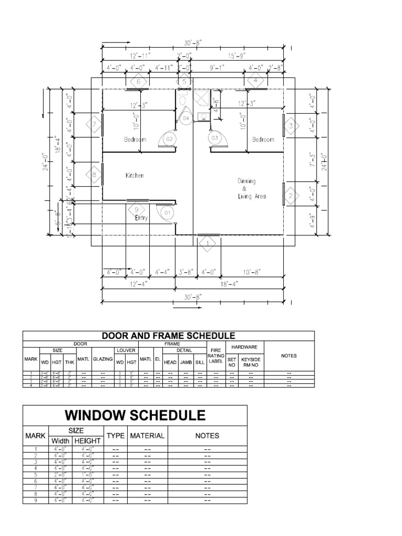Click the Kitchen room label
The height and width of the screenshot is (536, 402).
click(x=134, y=176)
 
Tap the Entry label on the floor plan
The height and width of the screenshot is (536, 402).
click(x=141, y=218)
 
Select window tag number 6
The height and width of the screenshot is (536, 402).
click(x=139, y=82)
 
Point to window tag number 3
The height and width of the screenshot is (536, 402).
click(x=291, y=126)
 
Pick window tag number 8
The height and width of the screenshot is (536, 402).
click(x=95, y=176)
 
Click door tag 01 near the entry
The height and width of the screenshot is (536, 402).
click(x=167, y=214)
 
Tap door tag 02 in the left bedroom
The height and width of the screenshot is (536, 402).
click(x=169, y=140)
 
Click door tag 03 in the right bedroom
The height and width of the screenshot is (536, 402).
click(x=215, y=138)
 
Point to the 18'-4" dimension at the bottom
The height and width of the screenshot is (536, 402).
click(x=229, y=284)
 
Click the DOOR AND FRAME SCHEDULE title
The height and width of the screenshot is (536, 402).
click(x=168, y=336)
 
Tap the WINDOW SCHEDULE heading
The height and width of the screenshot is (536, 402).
click(x=135, y=416)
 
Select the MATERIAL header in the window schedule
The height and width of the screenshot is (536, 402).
click(x=147, y=435)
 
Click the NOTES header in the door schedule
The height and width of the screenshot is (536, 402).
click(x=288, y=356)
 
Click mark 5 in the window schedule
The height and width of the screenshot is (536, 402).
click(x=36, y=475)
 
